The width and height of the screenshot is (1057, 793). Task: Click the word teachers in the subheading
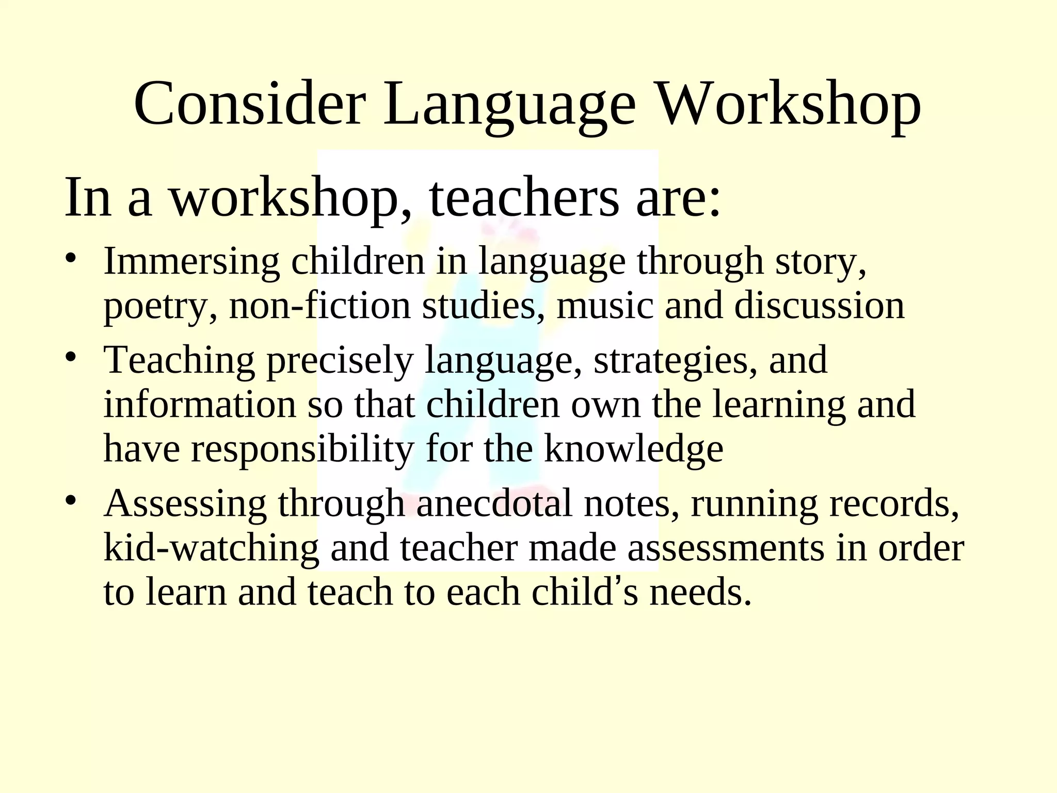coord(523,198)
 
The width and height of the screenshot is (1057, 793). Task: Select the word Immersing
coord(191,262)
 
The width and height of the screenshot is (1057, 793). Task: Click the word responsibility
coord(302,449)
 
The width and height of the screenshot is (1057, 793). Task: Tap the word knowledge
coord(634,449)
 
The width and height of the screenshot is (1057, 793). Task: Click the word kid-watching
coord(212,548)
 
